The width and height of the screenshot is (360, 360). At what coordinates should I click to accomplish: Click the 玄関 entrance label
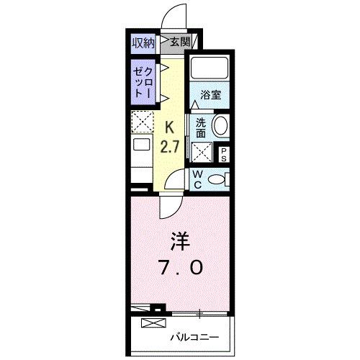(x=180, y=42)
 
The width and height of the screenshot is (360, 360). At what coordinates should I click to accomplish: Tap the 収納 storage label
(x=143, y=42)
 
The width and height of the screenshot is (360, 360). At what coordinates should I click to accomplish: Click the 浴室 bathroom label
(x=210, y=94)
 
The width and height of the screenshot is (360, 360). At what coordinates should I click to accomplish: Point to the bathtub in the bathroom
(x=209, y=69)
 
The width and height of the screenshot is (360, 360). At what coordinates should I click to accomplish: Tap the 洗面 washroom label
(x=201, y=127)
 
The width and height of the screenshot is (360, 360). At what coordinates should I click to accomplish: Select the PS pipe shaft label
(x=223, y=152)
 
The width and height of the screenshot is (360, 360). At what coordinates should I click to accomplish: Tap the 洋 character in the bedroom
(x=180, y=240)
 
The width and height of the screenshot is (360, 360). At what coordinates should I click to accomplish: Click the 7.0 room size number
(x=181, y=267)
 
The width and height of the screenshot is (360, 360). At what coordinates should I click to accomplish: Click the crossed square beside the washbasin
(x=201, y=152)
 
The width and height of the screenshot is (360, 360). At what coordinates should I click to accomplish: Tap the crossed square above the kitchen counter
(x=143, y=121)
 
